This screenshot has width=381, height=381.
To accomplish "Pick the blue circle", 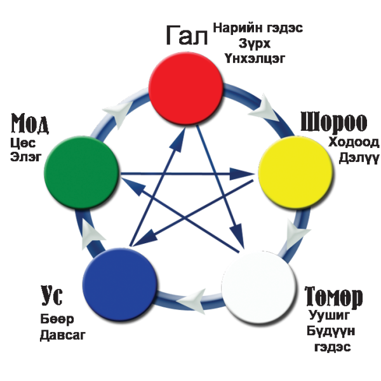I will click(x=119, y=283).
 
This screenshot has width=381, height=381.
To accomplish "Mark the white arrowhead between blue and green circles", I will click(x=93, y=232).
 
